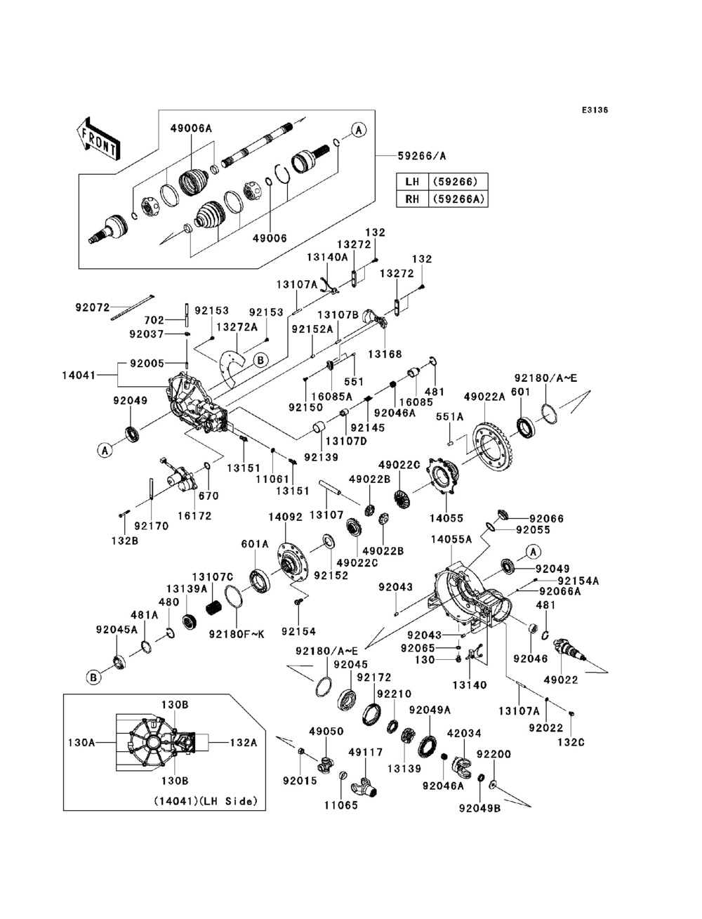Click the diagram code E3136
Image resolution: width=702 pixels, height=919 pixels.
click(595, 110)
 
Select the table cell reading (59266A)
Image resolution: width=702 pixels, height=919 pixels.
click(458, 199)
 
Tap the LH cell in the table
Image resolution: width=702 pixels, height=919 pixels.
click(412, 182)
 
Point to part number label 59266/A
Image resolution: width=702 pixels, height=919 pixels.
click(421, 156)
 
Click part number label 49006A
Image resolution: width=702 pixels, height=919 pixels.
click(192, 128)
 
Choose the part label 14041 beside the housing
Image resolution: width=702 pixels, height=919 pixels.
click(79, 375)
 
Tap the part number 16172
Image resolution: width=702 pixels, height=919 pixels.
click(194, 516)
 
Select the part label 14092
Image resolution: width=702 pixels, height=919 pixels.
click(285, 517)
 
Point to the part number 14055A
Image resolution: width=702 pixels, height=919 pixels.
click(451, 540)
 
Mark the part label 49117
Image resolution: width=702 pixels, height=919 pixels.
click(366, 753)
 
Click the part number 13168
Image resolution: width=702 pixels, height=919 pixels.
click(385, 355)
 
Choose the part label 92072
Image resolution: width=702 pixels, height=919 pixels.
click(92, 308)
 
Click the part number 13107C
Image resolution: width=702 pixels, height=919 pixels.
click(212, 577)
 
